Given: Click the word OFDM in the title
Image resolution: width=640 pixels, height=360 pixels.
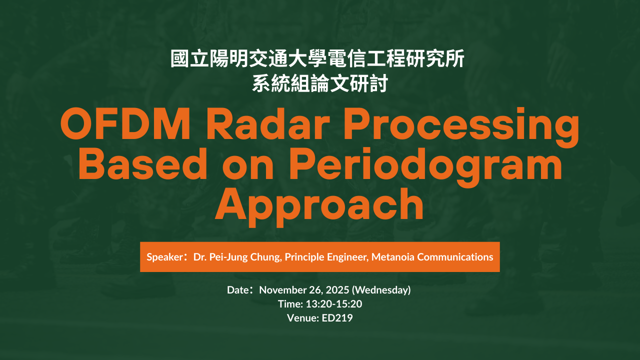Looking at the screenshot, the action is pyautogui.click(x=125, y=124).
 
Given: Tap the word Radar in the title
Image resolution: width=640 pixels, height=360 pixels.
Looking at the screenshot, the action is pyautogui.click(x=268, y=124).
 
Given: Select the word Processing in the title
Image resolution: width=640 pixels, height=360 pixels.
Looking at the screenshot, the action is pyautogui.click(x=461, y=128).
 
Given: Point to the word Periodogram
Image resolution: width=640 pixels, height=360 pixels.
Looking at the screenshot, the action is pyautogui.click(x=425, y=168).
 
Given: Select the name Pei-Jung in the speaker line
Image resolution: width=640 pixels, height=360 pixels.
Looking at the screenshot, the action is pyautogui.click(x=228, y=257).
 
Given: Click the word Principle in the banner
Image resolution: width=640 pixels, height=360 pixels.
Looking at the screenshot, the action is pyautogui.click(x=304, y=257).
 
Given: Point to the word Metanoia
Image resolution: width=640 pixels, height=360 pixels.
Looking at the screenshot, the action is pyautogui.click(x=393, y=257).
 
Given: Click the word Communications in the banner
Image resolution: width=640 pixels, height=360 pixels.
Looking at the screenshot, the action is pyautogui.click(x=455, y=257).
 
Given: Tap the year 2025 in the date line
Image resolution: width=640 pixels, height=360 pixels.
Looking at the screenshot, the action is pyautogui.click(x=337, y=290).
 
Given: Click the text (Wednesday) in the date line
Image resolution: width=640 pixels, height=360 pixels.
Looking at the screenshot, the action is pyautogui.click(x=381, y=290).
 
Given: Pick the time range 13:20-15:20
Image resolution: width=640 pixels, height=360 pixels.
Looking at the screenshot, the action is pyautogui.click(x=334, y=304).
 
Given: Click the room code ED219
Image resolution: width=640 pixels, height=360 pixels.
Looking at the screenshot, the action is pyautogui.click(x=337, y=318).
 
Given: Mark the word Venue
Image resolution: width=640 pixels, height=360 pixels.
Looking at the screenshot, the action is pyautogui.click(x=302, y=318).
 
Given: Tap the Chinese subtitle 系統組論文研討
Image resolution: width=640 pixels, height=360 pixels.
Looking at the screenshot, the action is pyautogui.click(x=319, y=83).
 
